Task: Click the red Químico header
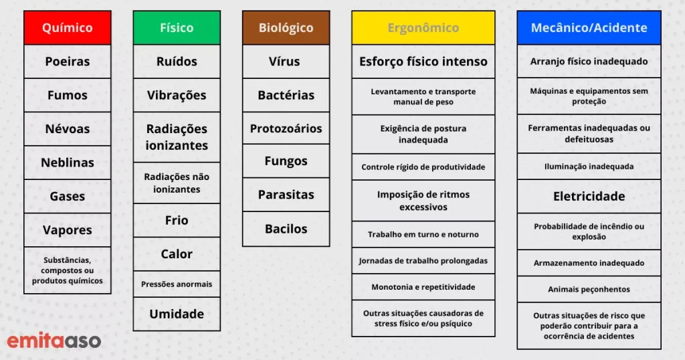point(68,27)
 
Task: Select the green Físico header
point(177,27)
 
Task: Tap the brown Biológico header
point(286,27)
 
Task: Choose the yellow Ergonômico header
point(423,27)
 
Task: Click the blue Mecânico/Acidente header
point(589,27)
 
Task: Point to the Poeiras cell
point(68,61)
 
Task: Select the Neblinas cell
point(68,163)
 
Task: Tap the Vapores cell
point(68,230)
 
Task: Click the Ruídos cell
point(177,61)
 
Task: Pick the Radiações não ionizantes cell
point(177,183)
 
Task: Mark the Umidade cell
point(177,314)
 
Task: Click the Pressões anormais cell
point(177,284)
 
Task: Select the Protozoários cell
point(286,128)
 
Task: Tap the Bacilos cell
point(286,228)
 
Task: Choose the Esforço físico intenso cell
point(423,61)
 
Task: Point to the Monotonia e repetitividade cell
point(423,287)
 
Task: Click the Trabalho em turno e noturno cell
point(423,234)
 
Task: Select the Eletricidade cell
point(589,196)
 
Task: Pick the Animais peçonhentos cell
point(589,289)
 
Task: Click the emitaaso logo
point(54,341)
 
